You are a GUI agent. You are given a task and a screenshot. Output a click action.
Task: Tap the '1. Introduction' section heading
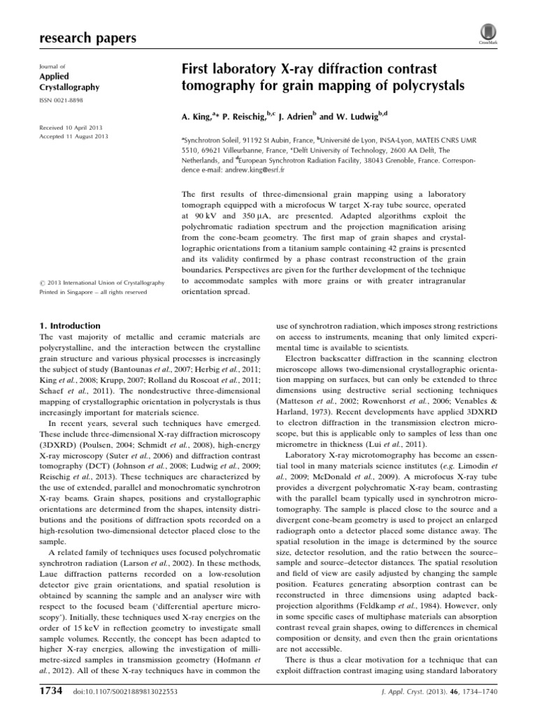(71, 325)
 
